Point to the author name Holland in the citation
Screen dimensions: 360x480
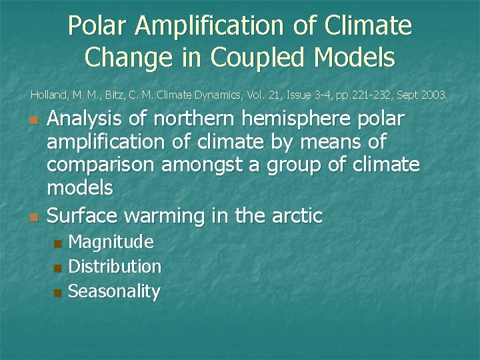(x=49, y=95)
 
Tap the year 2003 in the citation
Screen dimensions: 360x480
(x=434, y=95)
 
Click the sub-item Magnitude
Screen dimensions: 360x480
(x=111, y=242)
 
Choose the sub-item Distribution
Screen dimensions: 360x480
(x=115, y=267)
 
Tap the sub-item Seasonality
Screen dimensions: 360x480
(x=114, y=291)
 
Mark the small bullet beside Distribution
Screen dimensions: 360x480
(x=57, y=268)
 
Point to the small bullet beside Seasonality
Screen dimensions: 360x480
(x=57, y=293)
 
